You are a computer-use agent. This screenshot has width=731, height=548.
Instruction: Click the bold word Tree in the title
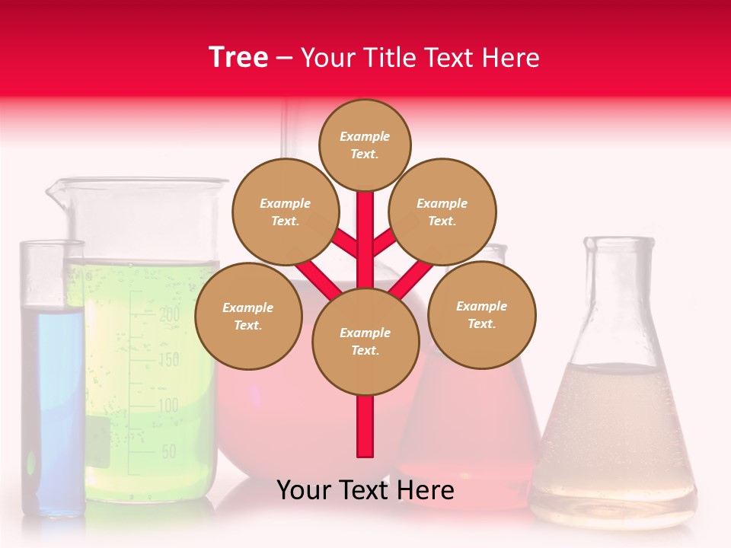[x=238, y=58]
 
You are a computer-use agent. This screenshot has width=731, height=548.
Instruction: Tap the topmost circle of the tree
[x=365, y=145]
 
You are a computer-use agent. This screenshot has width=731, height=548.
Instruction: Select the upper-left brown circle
[x=285, y=212]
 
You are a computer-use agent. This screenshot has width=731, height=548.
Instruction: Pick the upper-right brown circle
[x=442, y=212]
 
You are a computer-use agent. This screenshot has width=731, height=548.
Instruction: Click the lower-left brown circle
[x=248, y=316]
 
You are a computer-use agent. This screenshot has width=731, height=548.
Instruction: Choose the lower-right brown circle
[x=482, y=314]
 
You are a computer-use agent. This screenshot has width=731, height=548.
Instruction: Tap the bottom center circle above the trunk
[x=365, y=342]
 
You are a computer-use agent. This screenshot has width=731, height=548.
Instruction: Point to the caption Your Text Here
[x=365, y=490]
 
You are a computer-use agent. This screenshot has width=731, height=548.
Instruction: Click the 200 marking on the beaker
[x=168, y=313]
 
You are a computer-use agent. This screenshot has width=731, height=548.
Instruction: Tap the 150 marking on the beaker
[x=168, y=358]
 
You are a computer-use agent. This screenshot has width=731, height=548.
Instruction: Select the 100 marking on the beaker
[x=168, y=405]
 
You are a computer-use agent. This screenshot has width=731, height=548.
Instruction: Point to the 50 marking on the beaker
[x=168, y=451]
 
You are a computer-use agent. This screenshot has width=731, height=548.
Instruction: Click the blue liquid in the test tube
[x=52, y=396]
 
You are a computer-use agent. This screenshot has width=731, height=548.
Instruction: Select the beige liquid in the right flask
[x=613, y=441]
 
